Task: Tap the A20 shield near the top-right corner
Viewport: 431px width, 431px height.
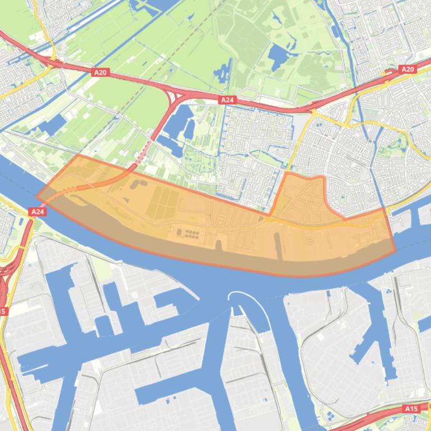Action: click(407, 69)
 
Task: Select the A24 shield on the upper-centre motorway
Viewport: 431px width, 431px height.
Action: click(227, 100)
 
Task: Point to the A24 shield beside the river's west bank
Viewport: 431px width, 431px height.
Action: click(38, 212)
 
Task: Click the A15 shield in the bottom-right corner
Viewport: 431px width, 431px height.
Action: click(411, 409)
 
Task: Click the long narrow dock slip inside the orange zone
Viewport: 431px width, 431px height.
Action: click(277, 243)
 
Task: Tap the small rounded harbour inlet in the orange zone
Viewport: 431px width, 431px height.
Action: click(219, 245)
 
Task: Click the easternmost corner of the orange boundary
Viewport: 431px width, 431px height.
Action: click(395, 251)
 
